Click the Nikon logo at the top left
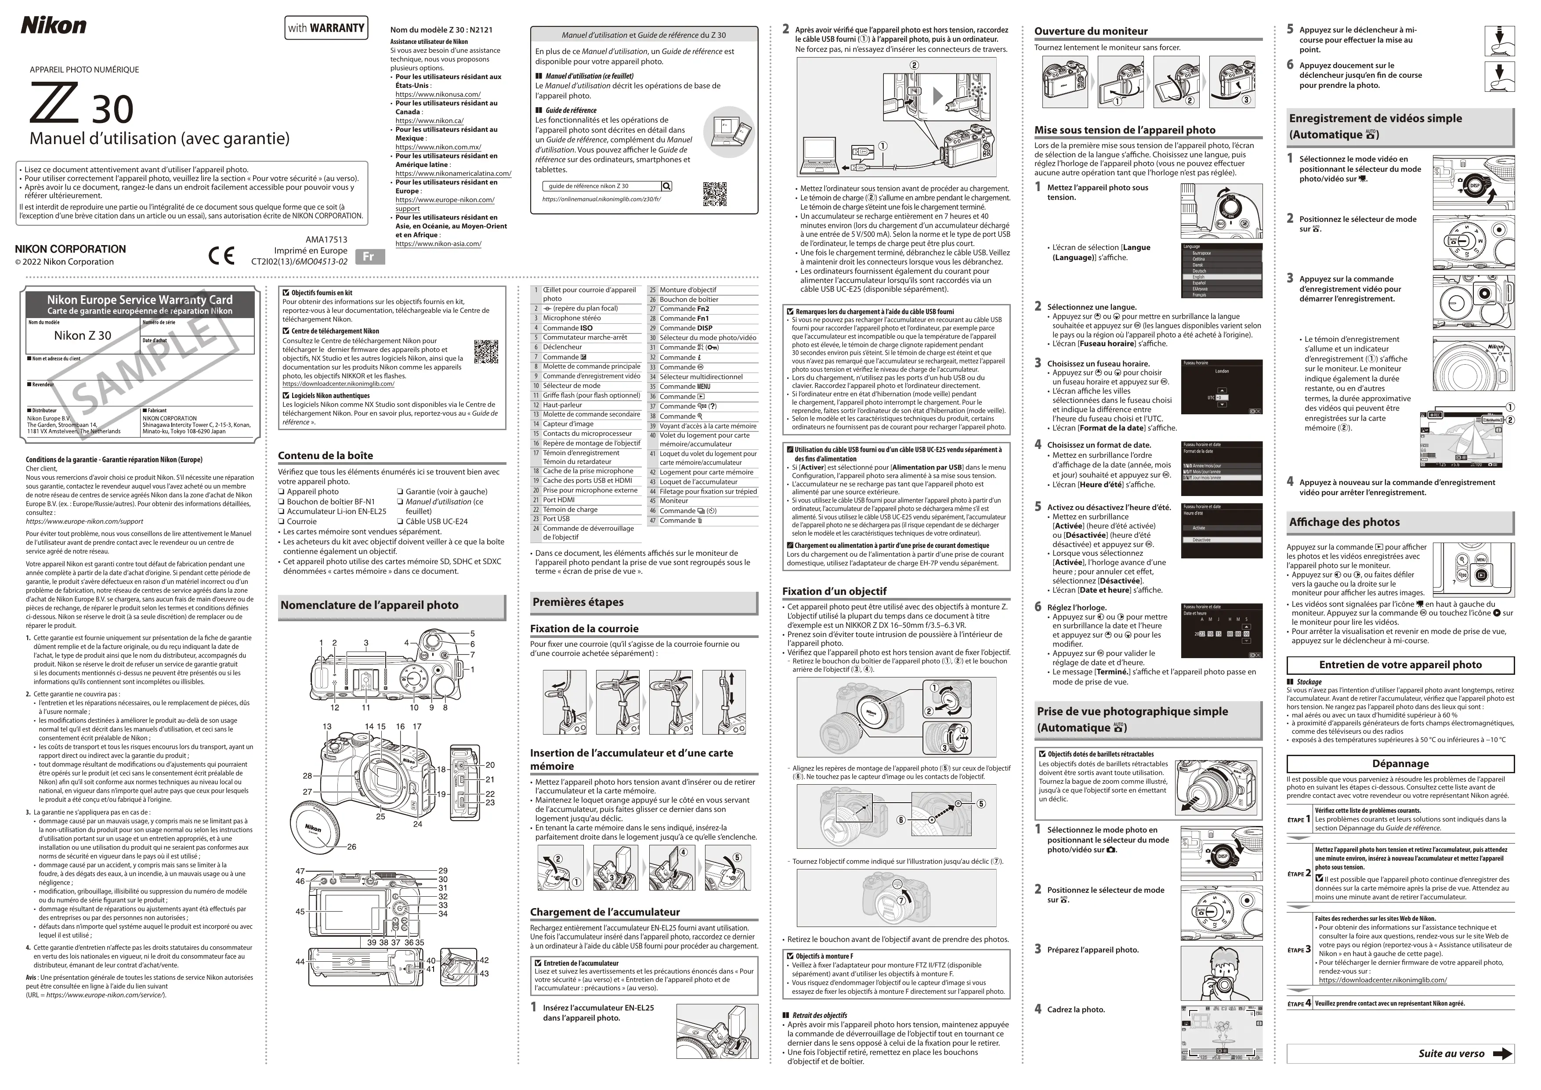point(53,25)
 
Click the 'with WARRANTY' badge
point(326,28)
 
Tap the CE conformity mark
point(221,256)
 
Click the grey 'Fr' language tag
point(369,257)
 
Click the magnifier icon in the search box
point(666,186)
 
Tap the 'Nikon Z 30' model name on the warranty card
point(83,336)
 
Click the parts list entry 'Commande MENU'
point(684,387)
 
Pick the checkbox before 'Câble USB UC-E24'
point(400,521)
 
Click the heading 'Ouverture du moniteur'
point(1091,31)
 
